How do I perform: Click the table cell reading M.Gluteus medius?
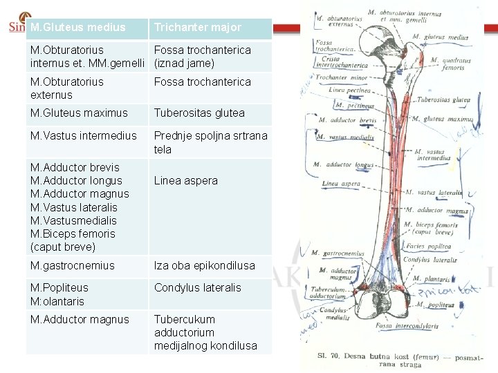pyautogui.click(x=78, y=28)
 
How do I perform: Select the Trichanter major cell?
pyautogui.click(x=198, y=28)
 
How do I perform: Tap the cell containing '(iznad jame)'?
pyautogui.click(x=184, y=64)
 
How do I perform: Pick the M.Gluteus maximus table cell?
pyautogui.click(x=79, y=113)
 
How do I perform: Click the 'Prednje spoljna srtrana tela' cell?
pyautogui.click(x=210, y=142)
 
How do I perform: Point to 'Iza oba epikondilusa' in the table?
pyautogui.click(x=204, y=265)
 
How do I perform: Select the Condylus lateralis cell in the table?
pyautogui.click(x=197, y=287)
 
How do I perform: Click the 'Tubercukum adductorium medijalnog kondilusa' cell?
pyautogui.click(x=205, y=332)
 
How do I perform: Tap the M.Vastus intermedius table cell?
pyautogui.click(x=84, y=135)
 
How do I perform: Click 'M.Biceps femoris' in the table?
pyautogui.click(x=73, y=233)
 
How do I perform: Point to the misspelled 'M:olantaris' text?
pyautogui.click(x=57, y=301)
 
